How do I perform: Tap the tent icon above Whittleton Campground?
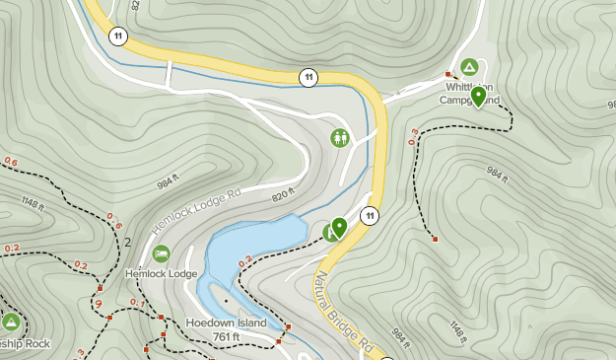click(x=469, y=67)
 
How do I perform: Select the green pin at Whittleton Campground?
click(x=478, y=96)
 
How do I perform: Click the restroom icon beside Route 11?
click(x=340, y=137)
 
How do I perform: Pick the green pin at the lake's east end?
click(x=339, y=228)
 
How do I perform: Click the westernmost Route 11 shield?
click(x=119, y=36)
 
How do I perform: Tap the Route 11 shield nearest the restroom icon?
click(x=308, y=77)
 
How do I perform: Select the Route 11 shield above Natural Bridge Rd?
click(x=370, y=216)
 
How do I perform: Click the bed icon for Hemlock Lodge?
click(x=161, y=253)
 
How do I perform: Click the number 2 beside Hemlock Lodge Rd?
click(x=128, y=242)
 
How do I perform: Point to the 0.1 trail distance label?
click(x=137, y=302)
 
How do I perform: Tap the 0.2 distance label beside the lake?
click(x=244, y=261)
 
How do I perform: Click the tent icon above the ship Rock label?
click(x=11, y=323)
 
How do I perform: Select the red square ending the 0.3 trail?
click(x=435, y=239)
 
